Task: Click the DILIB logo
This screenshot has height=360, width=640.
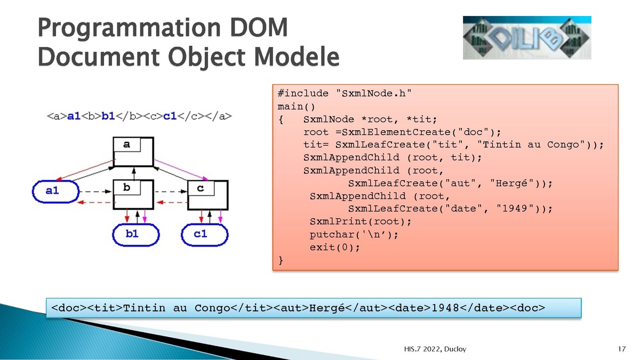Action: [527, 38]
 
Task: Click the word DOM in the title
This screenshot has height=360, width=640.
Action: [259, 27]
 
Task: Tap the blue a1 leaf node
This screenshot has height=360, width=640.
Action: [55, 191]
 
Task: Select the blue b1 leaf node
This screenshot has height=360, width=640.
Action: [135, 235]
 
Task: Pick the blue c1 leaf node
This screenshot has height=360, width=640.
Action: [205, 235]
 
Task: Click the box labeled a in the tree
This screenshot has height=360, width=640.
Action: [133, 151]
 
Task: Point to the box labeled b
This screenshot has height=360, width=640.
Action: [133, 195]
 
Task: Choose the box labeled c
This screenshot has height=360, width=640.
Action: [207, 195]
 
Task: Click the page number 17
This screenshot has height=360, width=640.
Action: [622, 349]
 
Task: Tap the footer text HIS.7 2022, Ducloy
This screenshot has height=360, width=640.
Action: [435, 349]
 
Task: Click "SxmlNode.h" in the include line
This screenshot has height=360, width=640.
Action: [374, 93]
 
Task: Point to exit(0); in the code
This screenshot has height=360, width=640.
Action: [335, 247]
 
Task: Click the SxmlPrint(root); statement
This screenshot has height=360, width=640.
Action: [361, 221]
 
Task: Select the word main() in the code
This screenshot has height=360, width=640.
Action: [297, 107]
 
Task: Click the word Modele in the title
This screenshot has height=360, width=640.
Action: [297, 57]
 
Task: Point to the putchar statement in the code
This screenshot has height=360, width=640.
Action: [354, 235]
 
